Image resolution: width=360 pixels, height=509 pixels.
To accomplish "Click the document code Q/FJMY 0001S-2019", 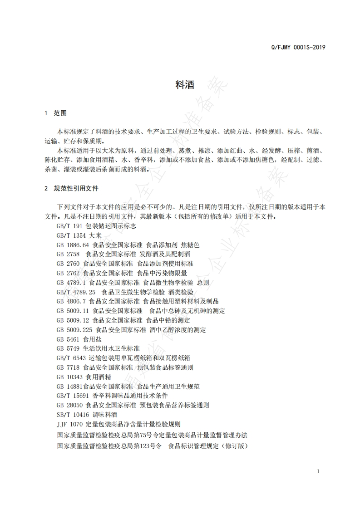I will [x=298, y=47].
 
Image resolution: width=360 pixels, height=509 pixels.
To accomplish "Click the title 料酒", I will [x=184, y=85].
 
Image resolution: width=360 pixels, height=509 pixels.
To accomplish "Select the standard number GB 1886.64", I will [x=71, y=245].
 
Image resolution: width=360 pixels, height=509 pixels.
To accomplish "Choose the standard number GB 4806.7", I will [x=71, y=301].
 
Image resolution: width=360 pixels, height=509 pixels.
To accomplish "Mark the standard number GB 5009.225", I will [x=74, y=330].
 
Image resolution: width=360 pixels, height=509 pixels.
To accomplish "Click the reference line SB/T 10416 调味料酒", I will [x=87, y=415].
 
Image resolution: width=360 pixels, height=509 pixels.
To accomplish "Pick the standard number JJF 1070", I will [x=69, y=424].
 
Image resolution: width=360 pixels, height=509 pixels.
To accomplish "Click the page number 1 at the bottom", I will [x=318, y=471].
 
